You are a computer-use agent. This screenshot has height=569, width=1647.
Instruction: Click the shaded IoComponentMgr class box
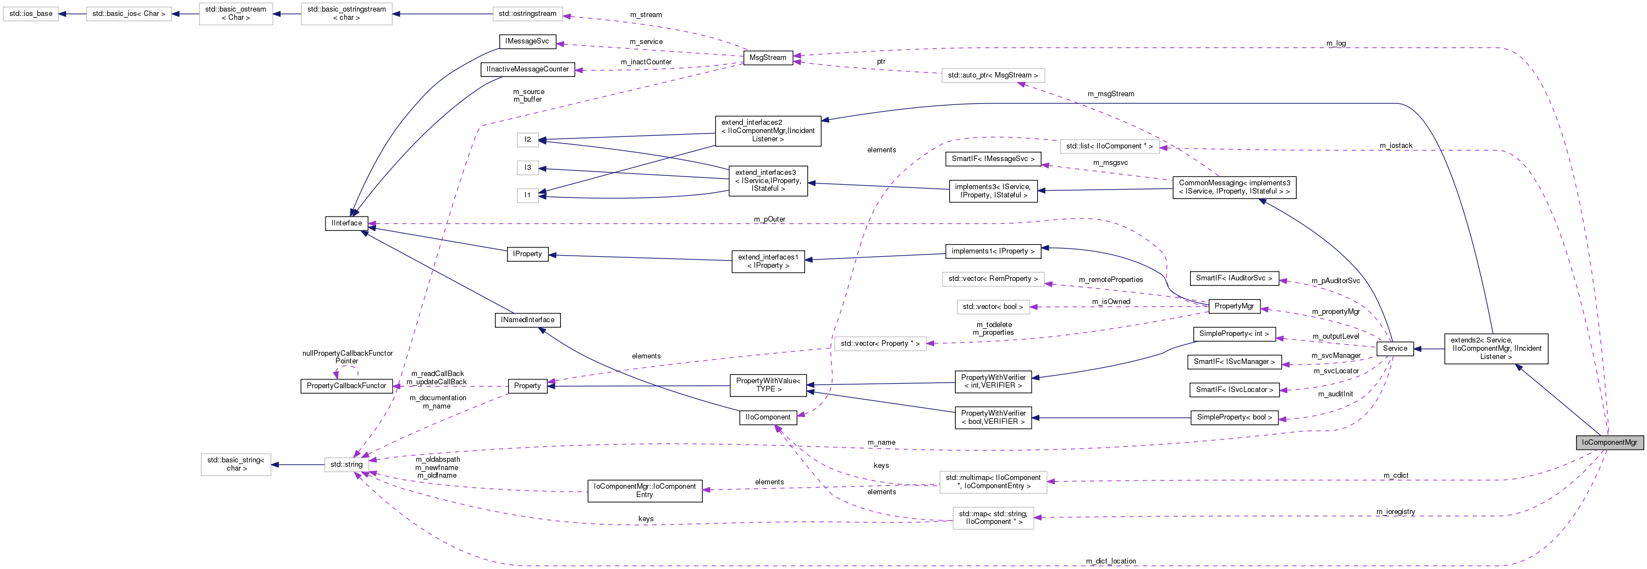click(x=1609, y=443)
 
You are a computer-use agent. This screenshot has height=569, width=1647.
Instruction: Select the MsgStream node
click(x=767, y=58)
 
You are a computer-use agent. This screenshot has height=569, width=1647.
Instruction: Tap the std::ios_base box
click(x=31, y=13)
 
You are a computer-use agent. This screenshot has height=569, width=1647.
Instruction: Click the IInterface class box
click(x=346, y=223)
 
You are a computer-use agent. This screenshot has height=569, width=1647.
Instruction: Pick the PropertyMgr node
click(x=1233, y=306)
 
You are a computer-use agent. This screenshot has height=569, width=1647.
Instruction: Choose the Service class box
click(x=1395, y=349)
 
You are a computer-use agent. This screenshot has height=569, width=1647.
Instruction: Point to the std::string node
click(x=346, y=465)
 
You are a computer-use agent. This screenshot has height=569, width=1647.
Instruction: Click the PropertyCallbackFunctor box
click(x=346, y=386)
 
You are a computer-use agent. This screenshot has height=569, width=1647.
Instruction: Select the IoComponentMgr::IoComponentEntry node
click(x=645, y=490)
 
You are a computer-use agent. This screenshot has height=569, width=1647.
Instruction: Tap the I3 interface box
click(x=527, y=168)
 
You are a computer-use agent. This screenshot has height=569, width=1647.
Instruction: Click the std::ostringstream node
click(x=527, y=13)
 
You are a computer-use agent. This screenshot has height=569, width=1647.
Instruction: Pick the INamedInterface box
click(x=527, y=319)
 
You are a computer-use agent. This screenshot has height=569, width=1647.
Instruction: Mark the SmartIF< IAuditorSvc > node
click(x=1234, y=278)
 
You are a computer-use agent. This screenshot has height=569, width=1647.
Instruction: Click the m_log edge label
click(x=1336, y=43)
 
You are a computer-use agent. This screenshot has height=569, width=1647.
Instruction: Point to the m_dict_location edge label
click(x=1111, y=561)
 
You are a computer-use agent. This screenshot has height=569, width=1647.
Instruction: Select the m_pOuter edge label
click(x=769, y=219)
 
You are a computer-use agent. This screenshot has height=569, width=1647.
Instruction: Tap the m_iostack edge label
click(x=1396, y=146)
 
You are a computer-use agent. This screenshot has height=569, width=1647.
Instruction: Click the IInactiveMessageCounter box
click(x=527, y=69)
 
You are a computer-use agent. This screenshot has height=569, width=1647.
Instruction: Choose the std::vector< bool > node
click(x=992, y=307)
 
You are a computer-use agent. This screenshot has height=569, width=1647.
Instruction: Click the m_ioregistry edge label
click(x=1396, y=511)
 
